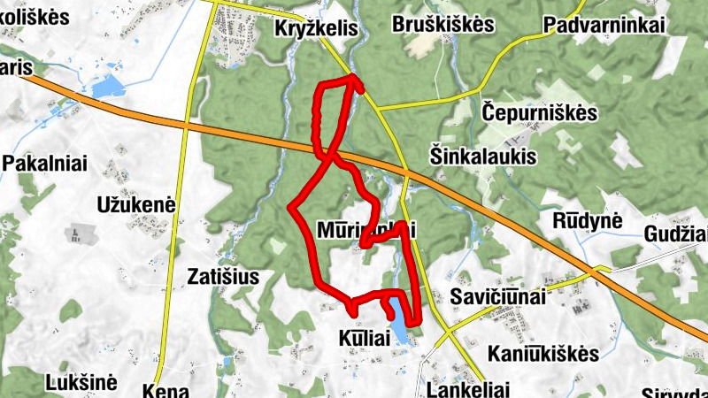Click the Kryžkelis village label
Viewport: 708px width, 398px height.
pyautogui.click(x=316, y=29)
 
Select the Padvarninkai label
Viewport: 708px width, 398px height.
pyautogui.click(x=605, y=25)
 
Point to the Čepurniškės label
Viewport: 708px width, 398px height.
pyautogui.click(x=540, y=114)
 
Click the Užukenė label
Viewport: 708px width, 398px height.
pyautogui.click(x=136, y=205)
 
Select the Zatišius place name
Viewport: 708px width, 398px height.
pyautogui.click(x=224, y=277)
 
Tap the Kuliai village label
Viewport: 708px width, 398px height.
pyautogui.click(x=365, y=339)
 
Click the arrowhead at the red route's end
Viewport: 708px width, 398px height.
pyautogui.click(x=358, y=80)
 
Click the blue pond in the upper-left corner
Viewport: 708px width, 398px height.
pyautogui.click(x=106, y=87)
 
